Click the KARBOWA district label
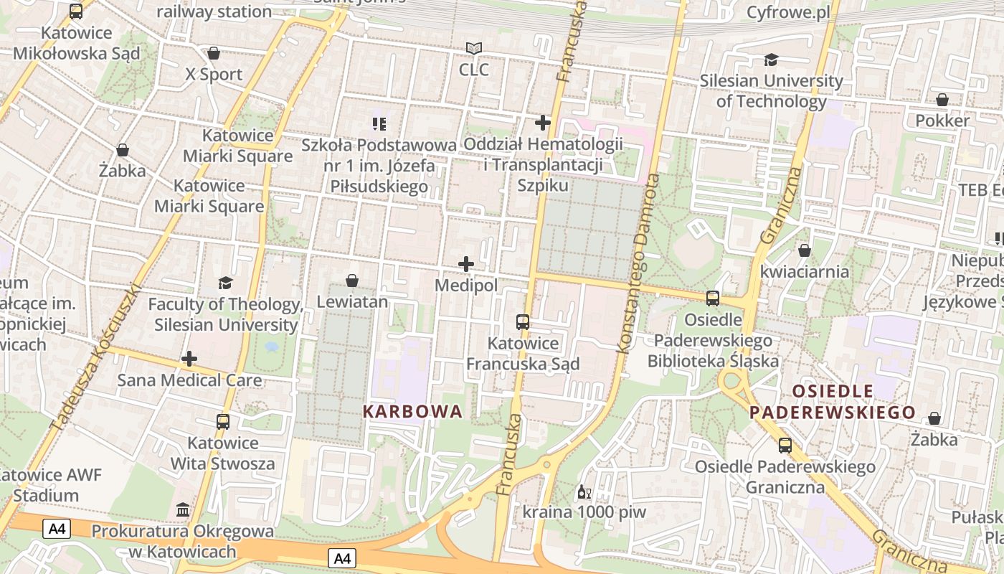point(412,412)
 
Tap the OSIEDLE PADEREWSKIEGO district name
point(833,402)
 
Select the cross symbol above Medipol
point(466,264)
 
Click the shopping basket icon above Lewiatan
point(352,281)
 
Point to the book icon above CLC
point(473,49)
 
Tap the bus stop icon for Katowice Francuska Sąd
point(523,322)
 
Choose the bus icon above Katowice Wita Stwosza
point(223,422)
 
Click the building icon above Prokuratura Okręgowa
point(183,510)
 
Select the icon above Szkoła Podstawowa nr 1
point(379,124)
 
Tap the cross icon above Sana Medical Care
point(189,358)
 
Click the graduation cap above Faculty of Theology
point(225,283)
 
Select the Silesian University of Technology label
point(772,90)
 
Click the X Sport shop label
point(214,74)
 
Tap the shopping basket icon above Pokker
point(942,100)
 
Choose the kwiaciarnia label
point(805,272)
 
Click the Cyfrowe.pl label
point(788,12)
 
